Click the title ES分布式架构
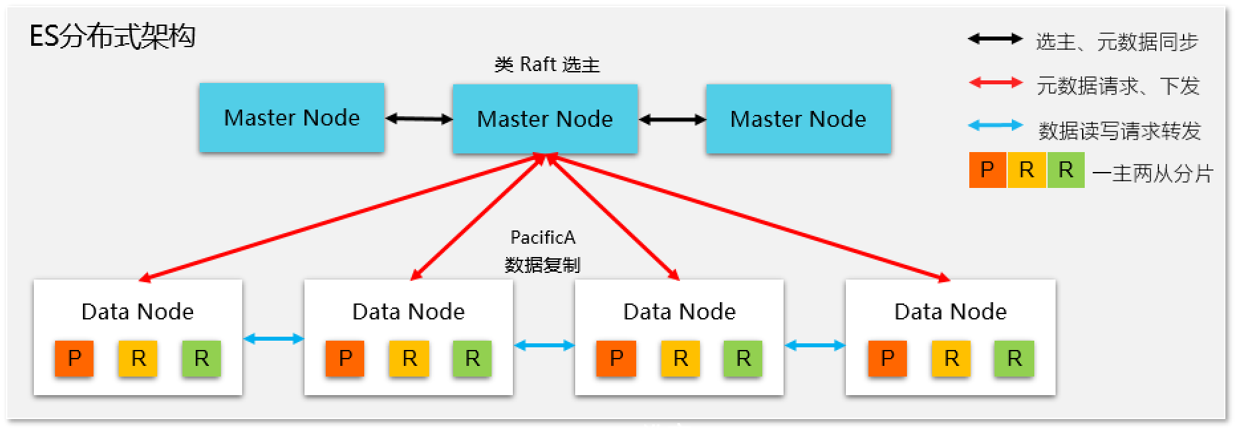click(112, 36)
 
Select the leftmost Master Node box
click(292, 118)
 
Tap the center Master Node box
click(545, 120)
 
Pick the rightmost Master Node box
click(798, 120)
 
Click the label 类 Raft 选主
click(547, 65)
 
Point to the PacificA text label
click(543, 238)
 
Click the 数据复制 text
click(542, 265)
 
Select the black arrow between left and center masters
click(419, 120)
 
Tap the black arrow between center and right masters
click(672, 120)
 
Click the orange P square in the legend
click(987, 170)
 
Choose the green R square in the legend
click(1065, 170)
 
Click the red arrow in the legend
click(995, 83)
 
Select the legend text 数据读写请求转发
click(1119, 131)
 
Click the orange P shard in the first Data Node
click(74, 359)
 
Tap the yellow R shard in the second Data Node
click(409, 359)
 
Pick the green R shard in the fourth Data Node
click(1014, 359)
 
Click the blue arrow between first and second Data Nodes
click(273, 339)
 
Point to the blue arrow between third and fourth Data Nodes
click(815, 345)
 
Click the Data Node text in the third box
click(679, 311)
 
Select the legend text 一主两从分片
click(1152, 174)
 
